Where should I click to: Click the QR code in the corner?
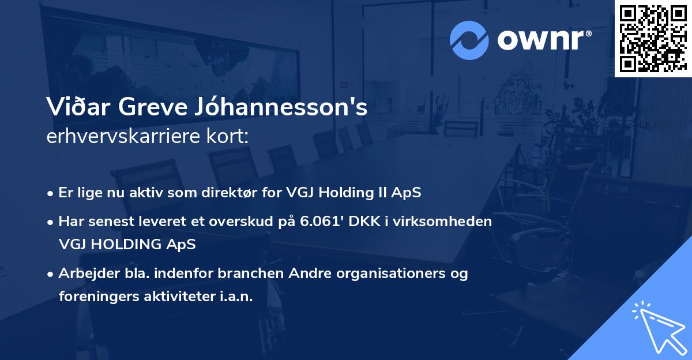coord(653,39)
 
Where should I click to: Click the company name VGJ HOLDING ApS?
coord(127,244)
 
